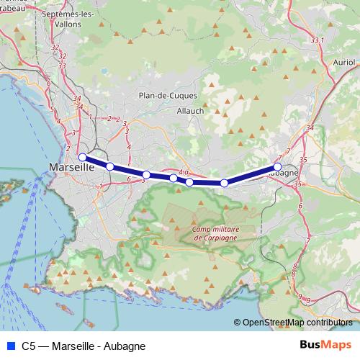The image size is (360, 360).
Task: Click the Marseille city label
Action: (71, 167)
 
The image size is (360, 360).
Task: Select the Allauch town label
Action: (190, 111)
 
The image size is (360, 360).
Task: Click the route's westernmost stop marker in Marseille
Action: (82, 157)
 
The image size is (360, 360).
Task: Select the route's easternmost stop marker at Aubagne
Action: (278, 166)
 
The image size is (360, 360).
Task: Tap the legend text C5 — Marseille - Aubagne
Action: (84, 346)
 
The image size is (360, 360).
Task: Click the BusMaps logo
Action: (325, 346)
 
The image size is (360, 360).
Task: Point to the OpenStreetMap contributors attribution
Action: (297, 322)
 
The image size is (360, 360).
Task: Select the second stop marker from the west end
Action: (110, 166)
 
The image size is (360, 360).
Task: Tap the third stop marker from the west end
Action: (146, 175)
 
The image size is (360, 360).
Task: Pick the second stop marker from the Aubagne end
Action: (224, 184)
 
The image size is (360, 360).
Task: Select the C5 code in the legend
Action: (29, 346)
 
